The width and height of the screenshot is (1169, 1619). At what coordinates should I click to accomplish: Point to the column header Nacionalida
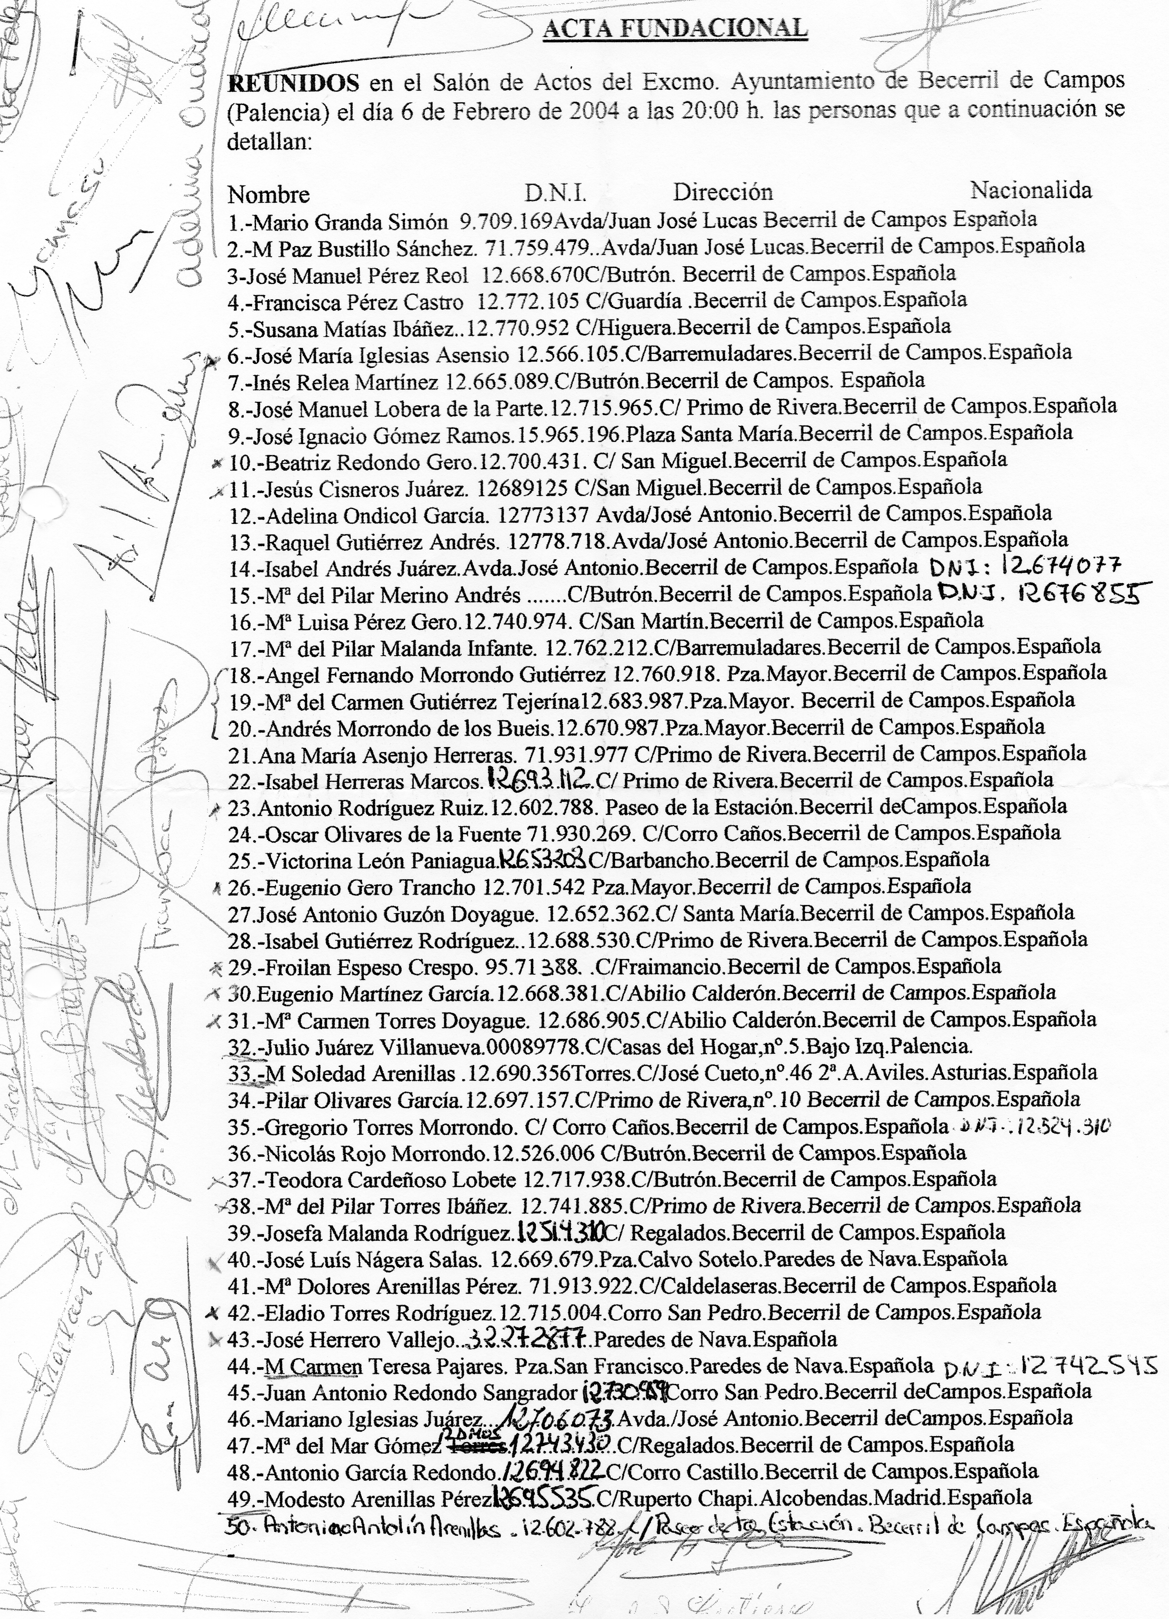pos(1030,190)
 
